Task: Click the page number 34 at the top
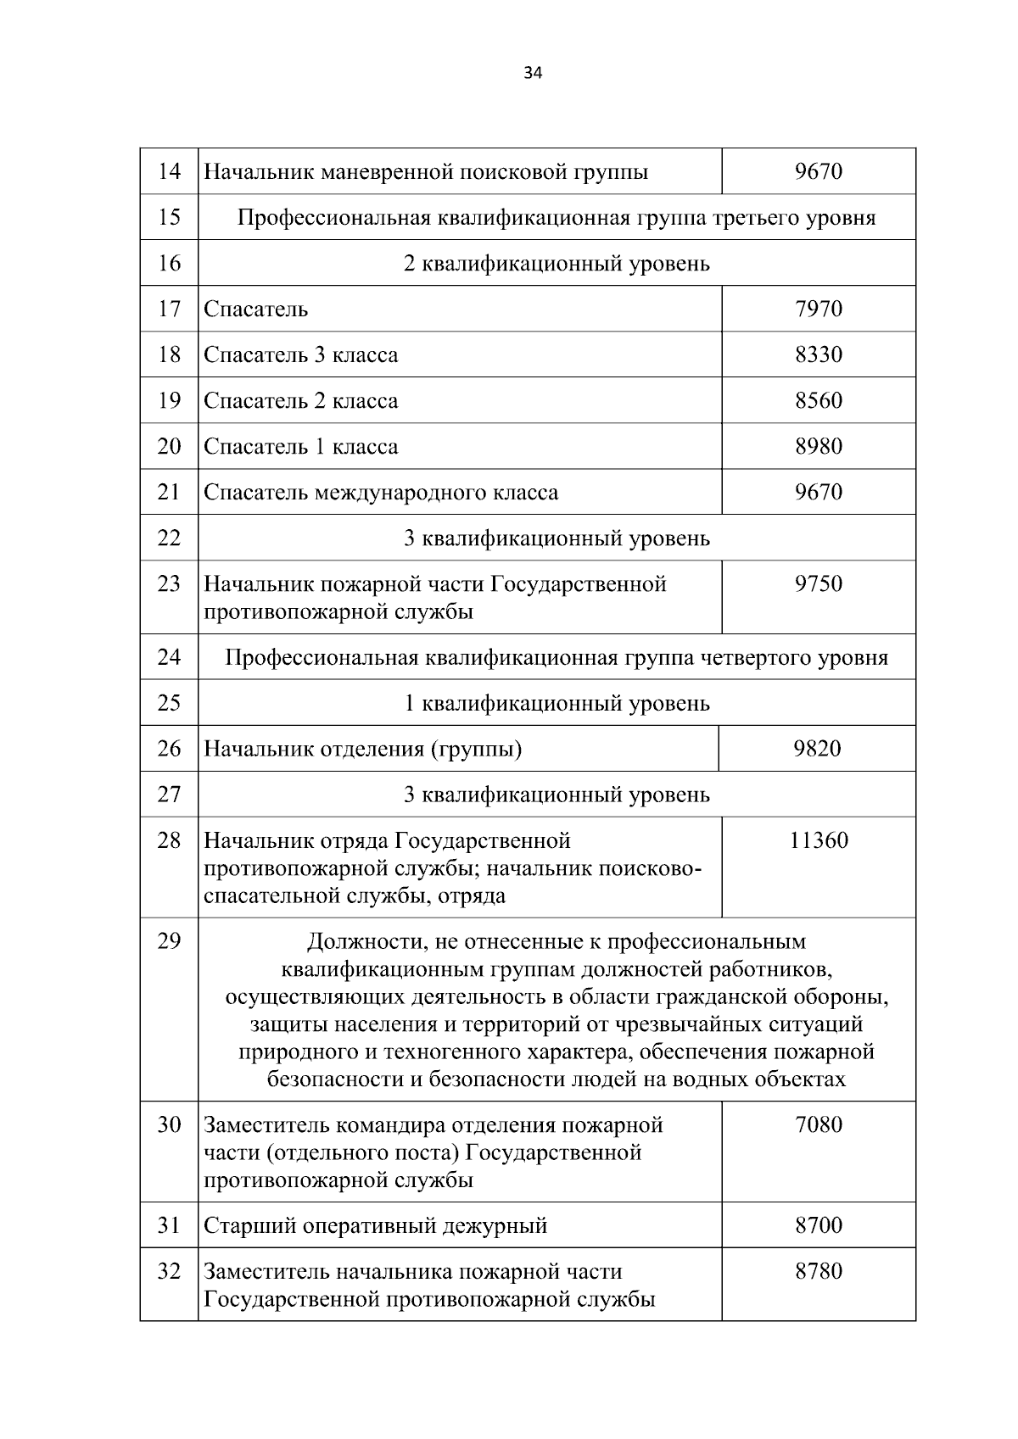pyautogui.click(x=533, y=73)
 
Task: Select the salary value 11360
pyautogui.click(x=819, y=840)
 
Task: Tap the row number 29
pyautogui.click(x=170, y=940)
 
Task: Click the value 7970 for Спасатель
pyautogui.click(x=819, y=309)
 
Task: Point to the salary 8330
pyautogui.click(x=819, y=354)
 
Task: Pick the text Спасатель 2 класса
pyautogui.click(x=300, y=400)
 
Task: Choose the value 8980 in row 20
pyautogui.click(x=819, y=446)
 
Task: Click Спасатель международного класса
pyautogui.click(x=381, y=493)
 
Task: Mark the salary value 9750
pyautogui.click(x=819, y=584)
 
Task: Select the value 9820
pyautogui.click(x=817, y=749)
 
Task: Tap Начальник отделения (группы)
pyautogui.click(x=362, y=750)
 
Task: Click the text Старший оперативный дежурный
pyautogui.click(x=375, y=1226)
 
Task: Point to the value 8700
pyautogui.click(x=819, y=1225)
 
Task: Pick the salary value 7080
pyautogui.click(x=819, y=1125)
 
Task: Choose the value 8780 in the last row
pyautogui.click(x=819, y=1271)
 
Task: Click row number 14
pyautogui.click(x=170, y=172)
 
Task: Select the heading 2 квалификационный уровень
pyautogui.click(x=557, y=264)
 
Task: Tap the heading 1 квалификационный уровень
pyautogui.click(x=557, y=704)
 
